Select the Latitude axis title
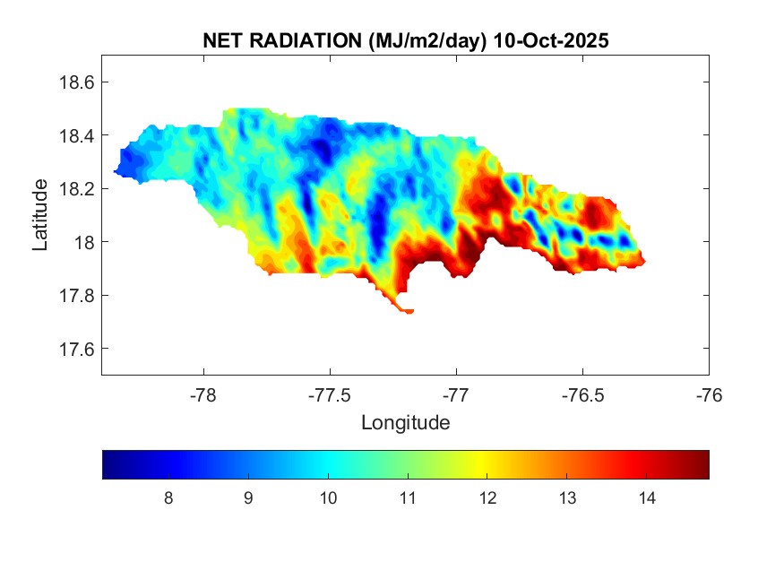[x=40, y=214]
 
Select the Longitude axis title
[x=405, y=422]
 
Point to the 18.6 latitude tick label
[x=76, y=82]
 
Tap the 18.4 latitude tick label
[x=76, y=135]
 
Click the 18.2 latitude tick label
[x=76, y=189]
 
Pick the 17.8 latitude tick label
[x=76, y=296]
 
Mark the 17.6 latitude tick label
[x=76, y=349]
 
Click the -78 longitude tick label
[x=203, y=394]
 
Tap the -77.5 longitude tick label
[x=330, y=394]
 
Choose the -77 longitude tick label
[x=456, y=394]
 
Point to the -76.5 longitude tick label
[x=582, y=394]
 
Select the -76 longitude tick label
[x=709, y=394]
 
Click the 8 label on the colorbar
[x=168, y=498]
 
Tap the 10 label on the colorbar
[x=328, y=498]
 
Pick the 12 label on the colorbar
[x=487, y=498]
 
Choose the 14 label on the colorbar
[x=647, y=498]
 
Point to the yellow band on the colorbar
[x=487, y=464]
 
